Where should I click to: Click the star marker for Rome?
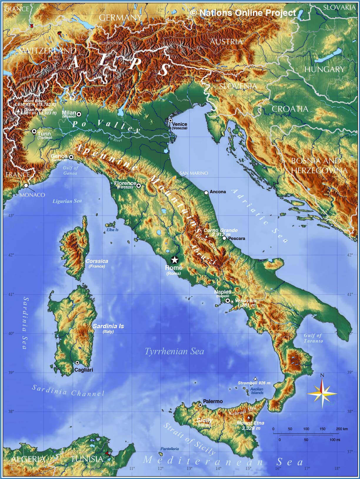pyautogui.click(x=174, y=260)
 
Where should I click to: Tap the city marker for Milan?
pyautogui.click(x=79, y=114)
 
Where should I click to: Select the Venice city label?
pyautogui.click(x=179, y=124)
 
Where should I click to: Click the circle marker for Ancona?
pyautogui.click(x=206, y=193)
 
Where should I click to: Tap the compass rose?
pyautogui.click(x=322, y=393)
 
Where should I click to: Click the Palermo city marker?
pyautogui.click(x=200, y=405)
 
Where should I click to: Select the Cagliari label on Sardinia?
pyautogui.click(x=84, y=370)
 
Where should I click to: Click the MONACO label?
pyautogui.click(x=32, y=195)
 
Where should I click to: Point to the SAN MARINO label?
pyautogui.click(x=194, y=173)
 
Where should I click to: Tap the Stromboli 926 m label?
pyautogui.click(x=254, y=383)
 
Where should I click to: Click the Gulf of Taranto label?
pyautogui.click(x=313, y=338)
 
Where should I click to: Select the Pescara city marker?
pyautogui.click(x=224, y=238)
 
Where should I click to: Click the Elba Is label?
pyautogui.click(x=113, y=230)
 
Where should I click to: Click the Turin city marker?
pyautogui.click(x=34, y=131)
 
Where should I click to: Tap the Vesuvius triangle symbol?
pyautogui.click(x=232, y=301)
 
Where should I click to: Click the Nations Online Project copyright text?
pyautogui.click(x=243, y=13)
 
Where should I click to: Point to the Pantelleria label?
pyautogui.click(x=169, y=449)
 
